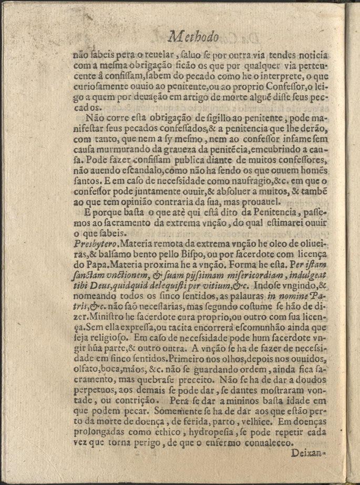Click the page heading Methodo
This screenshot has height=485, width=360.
(x=194, y=37)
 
